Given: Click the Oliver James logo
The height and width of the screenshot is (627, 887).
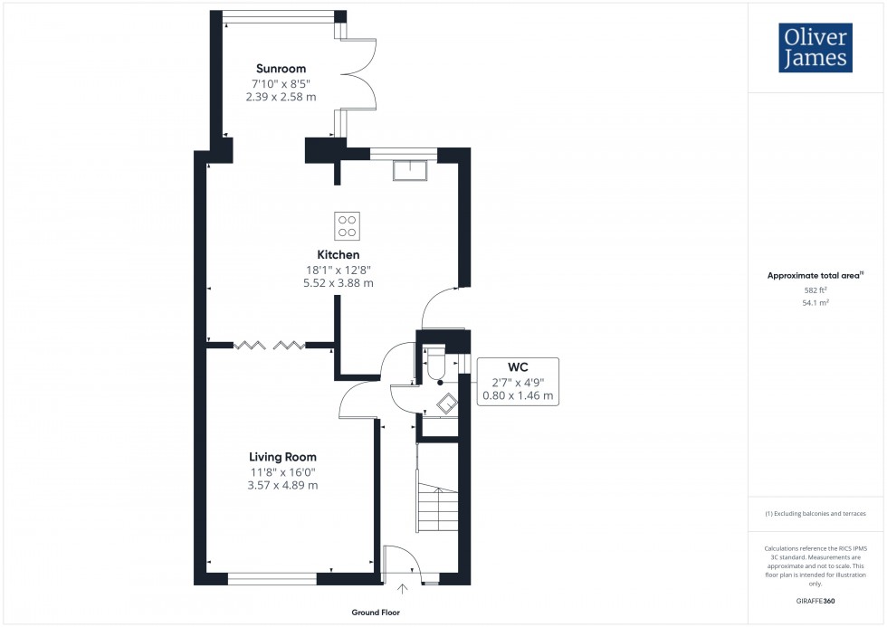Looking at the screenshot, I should [x=815, y=48].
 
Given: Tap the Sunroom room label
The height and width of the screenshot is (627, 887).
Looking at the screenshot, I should [x=281, y=69].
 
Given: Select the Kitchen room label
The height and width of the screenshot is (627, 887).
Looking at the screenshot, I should [x=338, y=255].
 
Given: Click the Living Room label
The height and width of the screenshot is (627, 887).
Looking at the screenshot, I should [x=282, y=457].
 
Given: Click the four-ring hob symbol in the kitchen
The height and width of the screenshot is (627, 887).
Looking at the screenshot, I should [x=348, y=223].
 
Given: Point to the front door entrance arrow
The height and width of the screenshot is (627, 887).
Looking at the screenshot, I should [x=402, y=590].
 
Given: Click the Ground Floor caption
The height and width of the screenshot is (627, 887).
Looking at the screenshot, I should [x=376, y=613].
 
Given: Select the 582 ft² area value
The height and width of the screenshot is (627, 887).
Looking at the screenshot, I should [x=815, y=290].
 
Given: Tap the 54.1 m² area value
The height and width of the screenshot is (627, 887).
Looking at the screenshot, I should [x=815, y=304].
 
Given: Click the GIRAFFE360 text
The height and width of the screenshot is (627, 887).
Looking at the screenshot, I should [x=815, y=601].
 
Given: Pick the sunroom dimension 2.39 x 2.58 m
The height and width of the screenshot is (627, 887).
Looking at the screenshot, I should [x=281, y=98].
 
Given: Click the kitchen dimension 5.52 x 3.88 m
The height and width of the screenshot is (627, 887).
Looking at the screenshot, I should [x=338, y=283].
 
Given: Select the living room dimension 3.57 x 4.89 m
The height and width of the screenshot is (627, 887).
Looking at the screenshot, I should [x=282, y=485].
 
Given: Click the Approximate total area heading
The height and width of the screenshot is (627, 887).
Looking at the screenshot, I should [x=814, y=275].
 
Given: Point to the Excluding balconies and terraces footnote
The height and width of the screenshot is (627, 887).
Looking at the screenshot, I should [x=815, y=513].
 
